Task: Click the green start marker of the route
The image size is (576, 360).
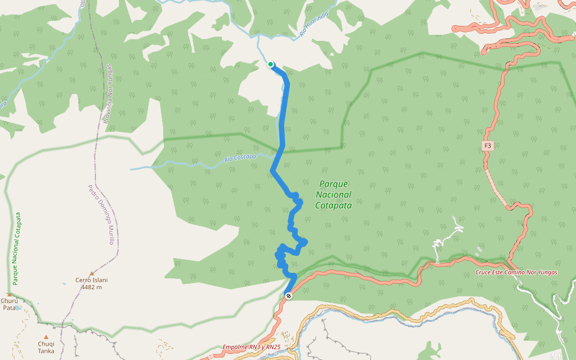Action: pos(271,64)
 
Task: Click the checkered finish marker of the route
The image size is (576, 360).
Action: pos(289,296)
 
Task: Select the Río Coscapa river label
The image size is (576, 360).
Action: pos(239,158)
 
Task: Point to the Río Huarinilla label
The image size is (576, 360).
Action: pos(316,26)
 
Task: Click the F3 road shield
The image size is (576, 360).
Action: pos(487,146)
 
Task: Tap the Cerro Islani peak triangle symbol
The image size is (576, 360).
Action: pos(92,273)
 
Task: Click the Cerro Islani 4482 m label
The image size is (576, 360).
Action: pos(92,283)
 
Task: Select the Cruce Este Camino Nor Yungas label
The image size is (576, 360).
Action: pos(516,272)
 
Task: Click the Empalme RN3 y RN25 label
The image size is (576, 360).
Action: pos(251,347)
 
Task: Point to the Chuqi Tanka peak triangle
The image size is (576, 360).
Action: pos(46,337)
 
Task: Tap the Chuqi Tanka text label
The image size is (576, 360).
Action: pos(46,347)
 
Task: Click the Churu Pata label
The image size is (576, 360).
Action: pos(9,304)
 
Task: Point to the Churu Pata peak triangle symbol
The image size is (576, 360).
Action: pos(10,294)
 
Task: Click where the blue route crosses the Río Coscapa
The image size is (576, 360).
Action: pos(277,157)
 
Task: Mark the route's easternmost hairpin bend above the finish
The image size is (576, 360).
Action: pos(305,241)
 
